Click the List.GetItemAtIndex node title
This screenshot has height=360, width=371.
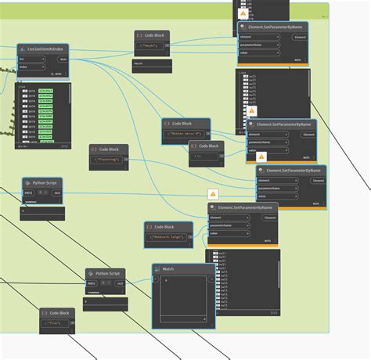click(45, 49)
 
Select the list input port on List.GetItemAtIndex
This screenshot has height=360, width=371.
click(31, 59)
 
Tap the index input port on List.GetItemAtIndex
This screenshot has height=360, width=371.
click(31, 67)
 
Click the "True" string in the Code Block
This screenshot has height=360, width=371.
click(55, 322)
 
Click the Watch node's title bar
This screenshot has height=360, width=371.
click(183, 268)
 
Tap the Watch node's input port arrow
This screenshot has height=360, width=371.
click(157, 279)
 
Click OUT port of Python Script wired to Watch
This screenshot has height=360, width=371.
click(120, 283)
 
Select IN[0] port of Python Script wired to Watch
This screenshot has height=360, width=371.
click(92, 283)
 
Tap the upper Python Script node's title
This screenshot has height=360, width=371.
click(45, 182)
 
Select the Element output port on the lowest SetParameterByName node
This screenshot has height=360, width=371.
click(270, 217)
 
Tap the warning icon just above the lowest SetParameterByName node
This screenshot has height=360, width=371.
click(212, 193)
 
